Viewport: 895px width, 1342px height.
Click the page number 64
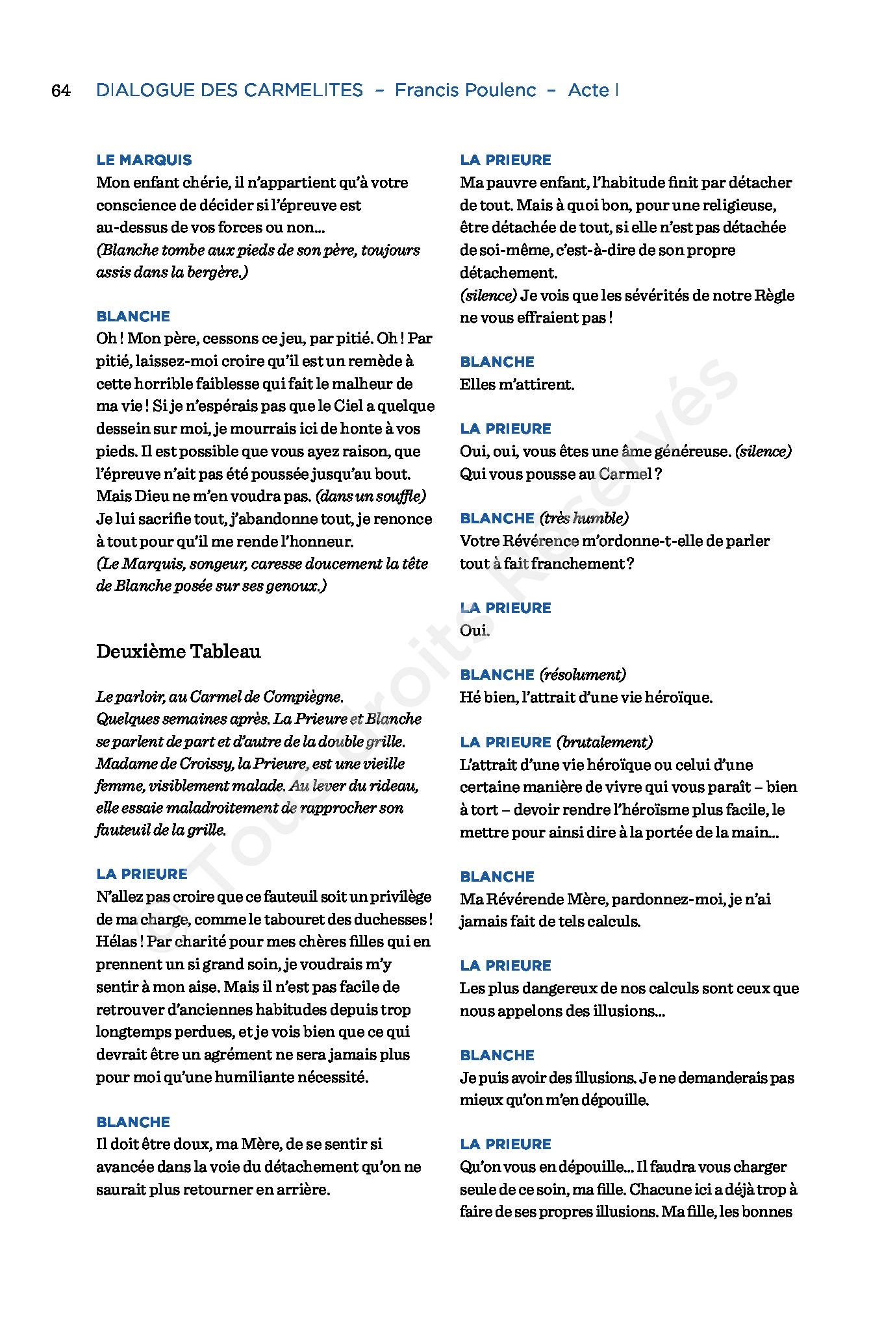61,91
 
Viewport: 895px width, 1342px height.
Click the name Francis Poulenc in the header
465,90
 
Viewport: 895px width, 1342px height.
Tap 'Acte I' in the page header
592,90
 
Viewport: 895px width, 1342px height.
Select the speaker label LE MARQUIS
144,160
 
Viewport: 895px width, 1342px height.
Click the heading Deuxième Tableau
179,651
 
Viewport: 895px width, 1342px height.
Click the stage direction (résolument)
583,675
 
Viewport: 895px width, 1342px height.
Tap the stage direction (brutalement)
605,742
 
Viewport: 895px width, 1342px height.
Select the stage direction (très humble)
584,518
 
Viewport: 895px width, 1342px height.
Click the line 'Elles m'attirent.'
517,384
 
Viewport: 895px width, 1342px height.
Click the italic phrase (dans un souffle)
371,497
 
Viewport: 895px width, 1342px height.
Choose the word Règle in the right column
775,295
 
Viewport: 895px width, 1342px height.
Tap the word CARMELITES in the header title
303,90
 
